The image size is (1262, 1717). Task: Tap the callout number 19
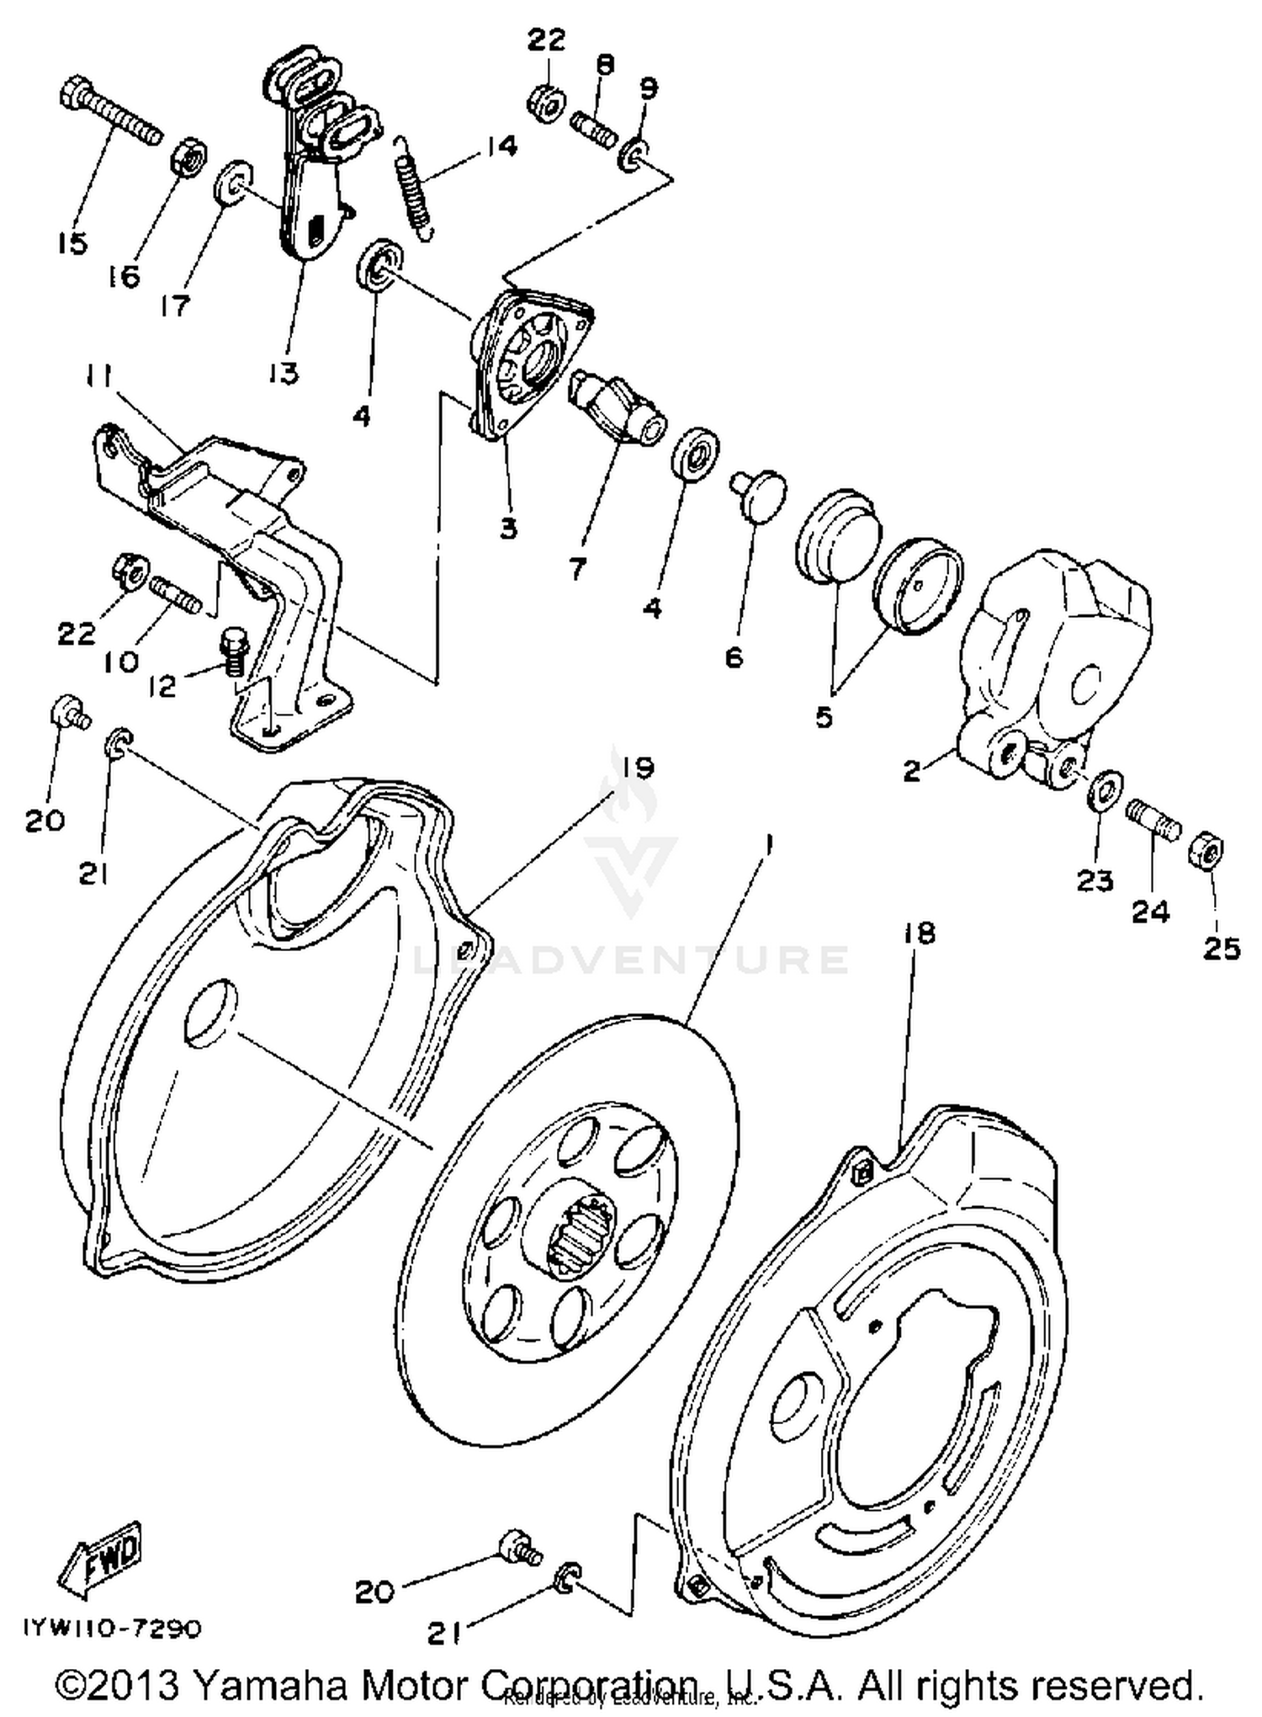click(x=638, y=768)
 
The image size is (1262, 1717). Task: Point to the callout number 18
click(x=920, y=933)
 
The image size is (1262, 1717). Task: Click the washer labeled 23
click(x=1102, y=789)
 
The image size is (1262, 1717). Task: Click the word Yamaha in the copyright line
click(x=275, y=1686)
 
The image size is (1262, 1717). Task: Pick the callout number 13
click(x=284, y=373)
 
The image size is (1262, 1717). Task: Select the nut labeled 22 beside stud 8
click(x=545, y=103)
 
